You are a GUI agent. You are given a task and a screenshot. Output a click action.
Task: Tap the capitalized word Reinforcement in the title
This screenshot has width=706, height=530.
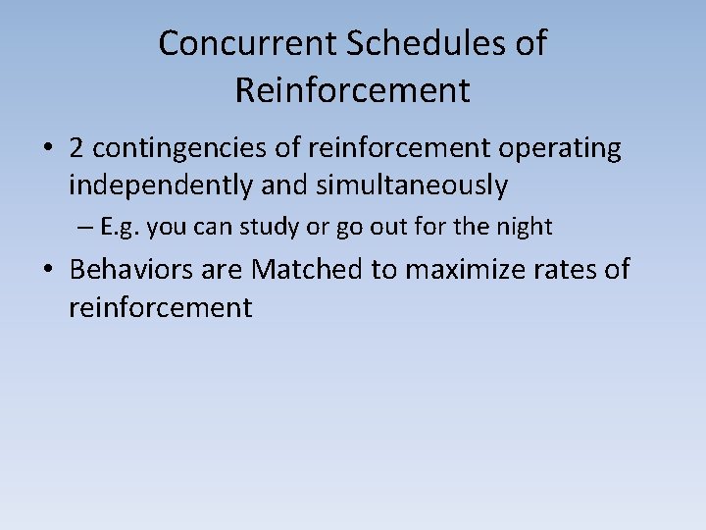[352, 90]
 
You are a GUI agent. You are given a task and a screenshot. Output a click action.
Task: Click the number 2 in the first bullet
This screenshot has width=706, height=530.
[76, 148]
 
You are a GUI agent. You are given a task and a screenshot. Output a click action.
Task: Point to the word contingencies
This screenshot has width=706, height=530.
[172, 149]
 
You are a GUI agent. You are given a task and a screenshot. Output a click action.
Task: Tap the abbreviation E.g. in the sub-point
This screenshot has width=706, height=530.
[120, 227]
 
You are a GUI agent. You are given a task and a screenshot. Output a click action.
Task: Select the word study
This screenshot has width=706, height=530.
[262, 227]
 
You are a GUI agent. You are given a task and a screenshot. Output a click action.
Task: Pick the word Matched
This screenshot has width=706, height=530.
[307, 269]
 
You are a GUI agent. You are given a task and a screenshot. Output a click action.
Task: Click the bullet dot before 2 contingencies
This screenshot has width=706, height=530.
[47, 149]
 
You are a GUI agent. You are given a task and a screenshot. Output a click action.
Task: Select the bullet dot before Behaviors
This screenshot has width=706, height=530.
[47, 270]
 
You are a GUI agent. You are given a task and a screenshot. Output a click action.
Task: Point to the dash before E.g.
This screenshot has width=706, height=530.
[85, 228]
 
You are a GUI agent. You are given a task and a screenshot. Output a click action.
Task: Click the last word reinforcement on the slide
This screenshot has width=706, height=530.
[160, 307]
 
